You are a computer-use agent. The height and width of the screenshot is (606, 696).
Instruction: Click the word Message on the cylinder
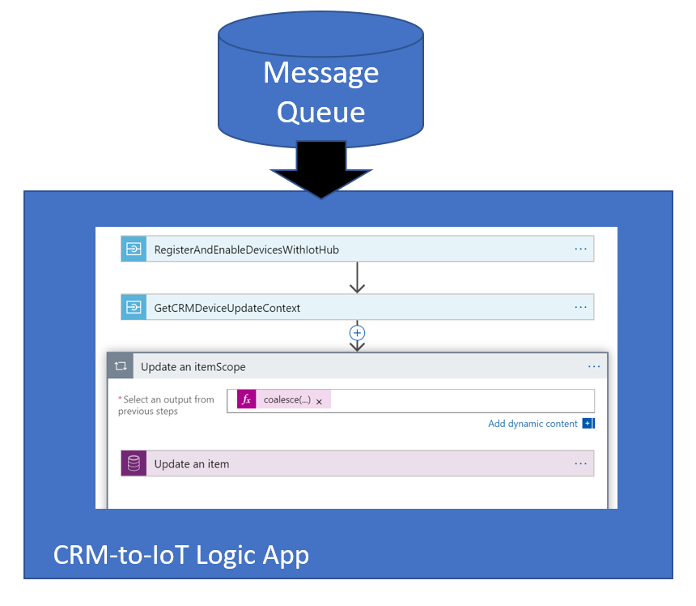tap(320, 73)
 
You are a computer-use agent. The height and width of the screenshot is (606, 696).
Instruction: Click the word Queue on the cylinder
tap(320, 111)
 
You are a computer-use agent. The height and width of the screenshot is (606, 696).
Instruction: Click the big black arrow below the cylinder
tap(320, 171)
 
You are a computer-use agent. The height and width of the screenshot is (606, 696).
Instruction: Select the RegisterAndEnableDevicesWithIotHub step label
tap(246, 250)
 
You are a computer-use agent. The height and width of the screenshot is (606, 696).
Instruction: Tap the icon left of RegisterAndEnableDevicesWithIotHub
tap(134, 250)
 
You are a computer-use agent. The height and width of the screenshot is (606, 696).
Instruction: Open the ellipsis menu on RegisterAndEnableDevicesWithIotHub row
tap(580, 250)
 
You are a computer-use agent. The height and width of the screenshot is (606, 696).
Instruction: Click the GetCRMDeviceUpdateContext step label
tap(227, 308)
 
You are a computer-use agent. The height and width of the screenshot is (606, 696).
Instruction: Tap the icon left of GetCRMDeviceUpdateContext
tap(134, 308)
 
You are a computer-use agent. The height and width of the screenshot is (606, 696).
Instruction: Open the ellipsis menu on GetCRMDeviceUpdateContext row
tap(580, 308)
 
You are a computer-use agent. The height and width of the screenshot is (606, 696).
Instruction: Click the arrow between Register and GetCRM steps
tap(357, 278)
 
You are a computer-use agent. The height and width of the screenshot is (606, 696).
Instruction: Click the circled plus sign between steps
tap(357, 332)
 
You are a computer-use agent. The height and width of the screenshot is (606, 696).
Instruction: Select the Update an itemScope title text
tap(193, 367)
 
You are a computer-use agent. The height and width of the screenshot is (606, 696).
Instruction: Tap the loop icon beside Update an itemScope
tap(121, 367)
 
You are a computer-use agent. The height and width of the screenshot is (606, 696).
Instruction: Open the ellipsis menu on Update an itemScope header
tap(594, 367)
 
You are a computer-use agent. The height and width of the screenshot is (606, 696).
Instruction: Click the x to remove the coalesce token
tap(319, 401)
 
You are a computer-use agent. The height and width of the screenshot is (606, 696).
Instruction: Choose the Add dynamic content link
tap(533, 424)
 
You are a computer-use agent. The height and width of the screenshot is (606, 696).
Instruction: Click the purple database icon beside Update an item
tap(134, 463)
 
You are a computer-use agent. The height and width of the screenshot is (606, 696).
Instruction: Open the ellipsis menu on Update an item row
tap(580, 463)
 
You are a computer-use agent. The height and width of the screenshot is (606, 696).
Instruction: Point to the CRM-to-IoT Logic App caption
tap(180, 556)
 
